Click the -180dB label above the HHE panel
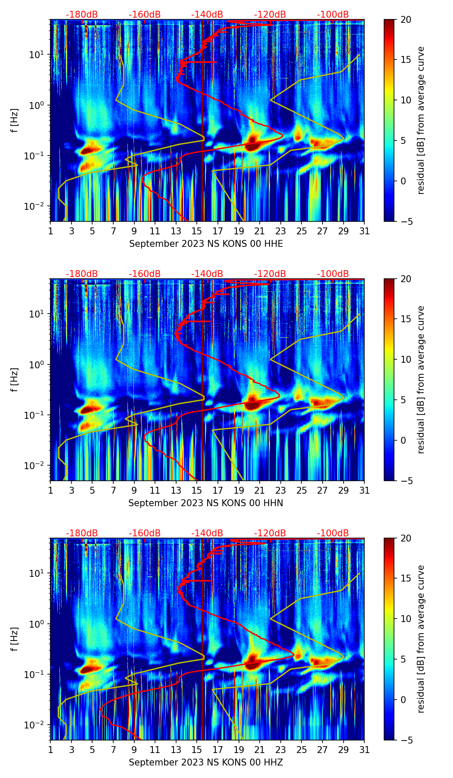(x=82, y=15)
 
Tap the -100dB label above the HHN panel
(x=333, y=274)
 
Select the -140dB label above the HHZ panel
(x=207, y=533)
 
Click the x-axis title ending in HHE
(x=206, y=244)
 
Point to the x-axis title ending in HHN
(x=206, y=503)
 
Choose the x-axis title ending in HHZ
(x=206, y=762)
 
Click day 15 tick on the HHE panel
(x=197, y=231)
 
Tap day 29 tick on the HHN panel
(x=343, y=490)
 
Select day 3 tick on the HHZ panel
(x=71, y=750)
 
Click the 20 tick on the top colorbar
(x=406, y=20)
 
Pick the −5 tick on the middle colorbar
(x=406, y=481)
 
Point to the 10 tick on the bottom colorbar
(x=406, y=619)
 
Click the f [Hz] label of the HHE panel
(x=15, y=121)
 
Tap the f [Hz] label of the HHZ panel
(x=15, y=639)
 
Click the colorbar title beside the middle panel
(x=421, y=380)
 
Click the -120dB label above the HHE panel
(x=270, y=15)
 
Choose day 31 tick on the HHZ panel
(x=364, y=750)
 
